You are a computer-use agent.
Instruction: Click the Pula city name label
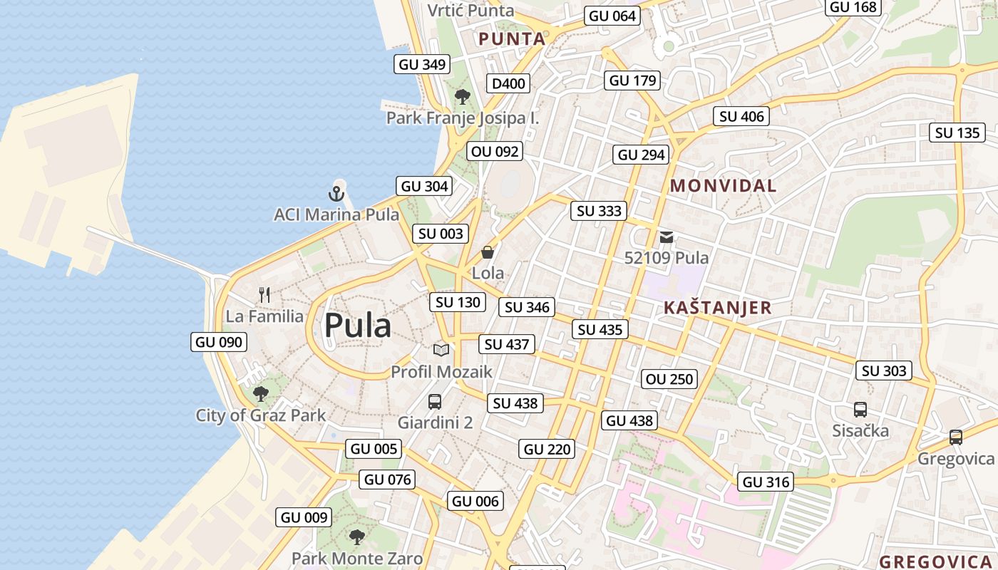tap(358, 326)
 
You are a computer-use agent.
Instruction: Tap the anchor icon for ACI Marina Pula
tap(336, 193)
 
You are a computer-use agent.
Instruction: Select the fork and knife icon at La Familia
tap(264, 295)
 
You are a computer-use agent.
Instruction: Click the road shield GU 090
tap(220, 342)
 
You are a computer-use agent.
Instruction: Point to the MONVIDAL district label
tap(723, 186)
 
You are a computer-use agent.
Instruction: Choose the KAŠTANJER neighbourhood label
tap(717, 308)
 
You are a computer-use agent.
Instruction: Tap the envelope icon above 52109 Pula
tap(667, 237)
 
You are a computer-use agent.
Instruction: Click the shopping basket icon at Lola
tap(488, 252)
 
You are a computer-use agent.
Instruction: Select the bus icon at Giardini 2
tap(435, 402)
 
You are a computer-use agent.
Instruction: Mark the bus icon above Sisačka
tap(860, 410)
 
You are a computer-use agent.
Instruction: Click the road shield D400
tap(508, 83)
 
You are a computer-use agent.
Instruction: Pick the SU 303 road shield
tap(885, 370)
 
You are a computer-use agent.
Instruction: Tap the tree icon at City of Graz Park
tap(261, 393)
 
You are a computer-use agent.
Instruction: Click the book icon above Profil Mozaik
tap(441, 350)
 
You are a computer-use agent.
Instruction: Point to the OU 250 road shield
tap(669, 379)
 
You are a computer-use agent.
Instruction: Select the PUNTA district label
tap(512, 39)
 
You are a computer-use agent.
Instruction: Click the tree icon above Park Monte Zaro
tap(356, 537)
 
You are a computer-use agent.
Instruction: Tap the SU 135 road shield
tap(957, 133)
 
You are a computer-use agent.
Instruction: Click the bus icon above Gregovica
tap(956, 437)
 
